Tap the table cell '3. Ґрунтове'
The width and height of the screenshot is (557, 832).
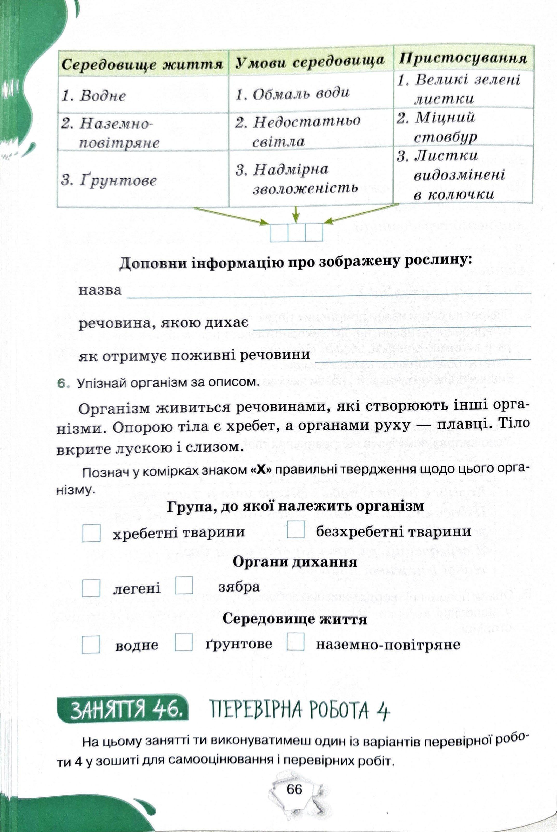142,180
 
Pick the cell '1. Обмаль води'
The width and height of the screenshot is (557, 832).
310,93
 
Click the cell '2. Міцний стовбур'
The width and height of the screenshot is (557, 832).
462,127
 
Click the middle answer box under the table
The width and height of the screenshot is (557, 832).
297,233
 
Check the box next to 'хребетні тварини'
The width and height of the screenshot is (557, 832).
91,532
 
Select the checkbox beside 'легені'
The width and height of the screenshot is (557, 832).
91,588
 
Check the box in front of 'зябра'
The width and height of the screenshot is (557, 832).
184,586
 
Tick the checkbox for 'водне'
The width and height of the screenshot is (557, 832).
91,644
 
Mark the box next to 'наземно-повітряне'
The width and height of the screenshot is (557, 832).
296,642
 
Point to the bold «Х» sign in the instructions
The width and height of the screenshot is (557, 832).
261,470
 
